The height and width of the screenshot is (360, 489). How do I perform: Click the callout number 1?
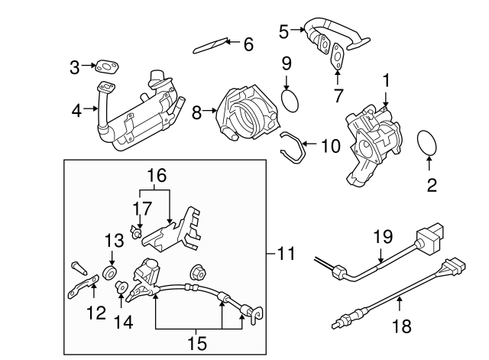386,79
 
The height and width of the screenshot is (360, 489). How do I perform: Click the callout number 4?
76,111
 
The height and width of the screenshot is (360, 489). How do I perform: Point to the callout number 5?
284,31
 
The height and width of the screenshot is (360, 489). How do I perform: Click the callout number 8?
196,113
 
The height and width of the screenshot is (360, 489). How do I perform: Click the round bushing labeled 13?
111,273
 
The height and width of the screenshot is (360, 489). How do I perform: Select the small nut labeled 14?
120,287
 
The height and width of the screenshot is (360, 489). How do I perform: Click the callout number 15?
197,343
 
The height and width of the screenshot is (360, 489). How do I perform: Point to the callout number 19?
381,236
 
